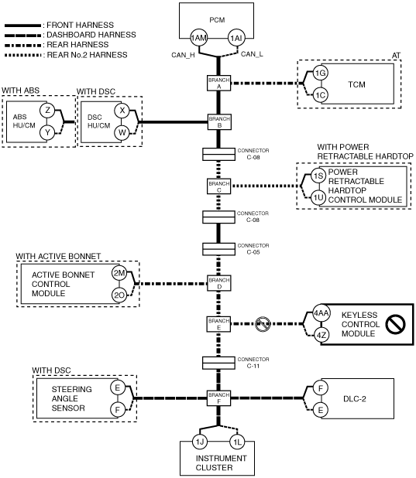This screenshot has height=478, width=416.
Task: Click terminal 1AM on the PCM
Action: point(199,38)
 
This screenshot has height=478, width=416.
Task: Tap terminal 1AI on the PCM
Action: point(236,38)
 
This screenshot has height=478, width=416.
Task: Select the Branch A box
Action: point(218,83)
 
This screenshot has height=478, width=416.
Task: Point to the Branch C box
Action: point(218,186)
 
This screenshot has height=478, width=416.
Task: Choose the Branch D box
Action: point(219,283)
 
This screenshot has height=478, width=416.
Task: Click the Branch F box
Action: point(218,398)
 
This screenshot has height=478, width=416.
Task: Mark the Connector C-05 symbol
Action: point(218,249)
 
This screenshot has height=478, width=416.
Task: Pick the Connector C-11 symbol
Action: point(218,363)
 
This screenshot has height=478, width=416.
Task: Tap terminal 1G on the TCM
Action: point(321,73)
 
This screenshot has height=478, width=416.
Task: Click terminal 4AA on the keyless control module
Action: point(321,313)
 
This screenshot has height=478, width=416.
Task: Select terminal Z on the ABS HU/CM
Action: point(47,110)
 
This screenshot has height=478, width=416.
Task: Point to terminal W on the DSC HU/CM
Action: point(122,132)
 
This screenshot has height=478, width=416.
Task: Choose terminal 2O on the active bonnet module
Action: point(119,295)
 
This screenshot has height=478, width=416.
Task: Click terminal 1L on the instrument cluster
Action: point(237,442)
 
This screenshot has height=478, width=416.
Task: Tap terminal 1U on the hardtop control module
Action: point(318,198)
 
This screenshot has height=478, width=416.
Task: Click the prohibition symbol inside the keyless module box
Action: point(395,324)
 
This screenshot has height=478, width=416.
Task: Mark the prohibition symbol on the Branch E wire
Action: point(263,324)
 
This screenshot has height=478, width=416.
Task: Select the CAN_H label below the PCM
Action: point(183,55)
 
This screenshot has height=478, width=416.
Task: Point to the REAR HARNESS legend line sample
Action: point(22,46)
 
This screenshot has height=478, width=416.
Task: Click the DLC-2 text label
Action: point(355,399)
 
